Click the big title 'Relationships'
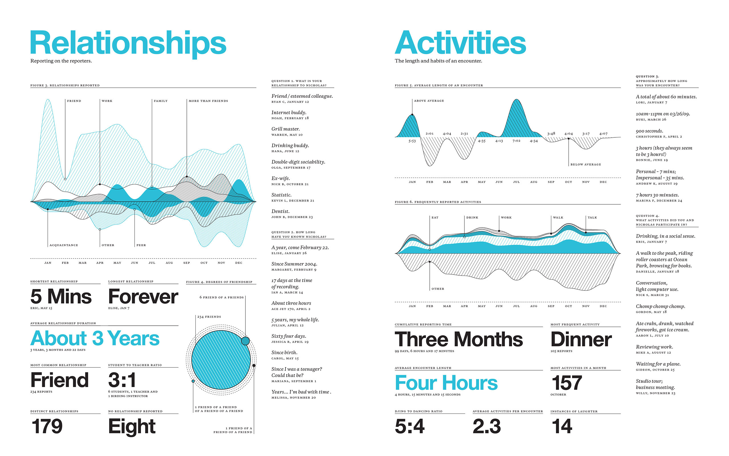click(x=128, y=43)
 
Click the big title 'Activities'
click(x=460, y=43)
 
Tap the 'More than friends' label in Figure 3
click(x=208, y=101)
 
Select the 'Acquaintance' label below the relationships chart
click(x=64, y=245)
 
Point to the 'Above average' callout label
click(x=429, y=101)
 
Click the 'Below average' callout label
click(x=585, y=164)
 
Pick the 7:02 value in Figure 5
click(x=516, y=141)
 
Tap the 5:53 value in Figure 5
click(x=412, y=141)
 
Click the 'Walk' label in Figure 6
click(x=558, y=217)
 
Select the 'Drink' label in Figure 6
click(x=472, y=217)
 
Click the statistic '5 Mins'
click(x=61, y=296)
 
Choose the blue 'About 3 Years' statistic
click(x=95, y=338)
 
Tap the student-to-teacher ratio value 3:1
click(x=122, y=380)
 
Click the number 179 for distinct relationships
click(x=47, y=426)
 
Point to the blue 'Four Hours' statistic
click(x=446, y=383)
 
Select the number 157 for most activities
click(x=566, y=383)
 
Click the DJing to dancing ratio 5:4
click(x=409, y=426)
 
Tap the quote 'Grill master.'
click(x=285, y=129)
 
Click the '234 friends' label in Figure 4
click(x=209, y=317)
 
